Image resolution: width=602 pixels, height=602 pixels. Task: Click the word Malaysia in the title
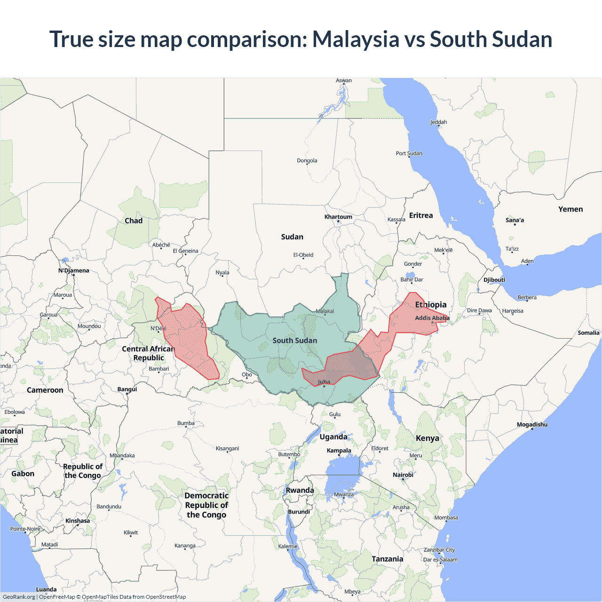point(356,40)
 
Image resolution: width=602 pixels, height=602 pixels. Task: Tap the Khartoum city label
point(338,217)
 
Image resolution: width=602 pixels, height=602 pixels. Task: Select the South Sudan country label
point(295,341)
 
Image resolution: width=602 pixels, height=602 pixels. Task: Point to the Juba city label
point(324,382)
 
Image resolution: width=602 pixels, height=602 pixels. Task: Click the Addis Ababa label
point(432,318)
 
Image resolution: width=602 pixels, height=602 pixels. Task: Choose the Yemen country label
point(570,209)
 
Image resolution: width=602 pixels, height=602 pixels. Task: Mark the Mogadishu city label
point(532,425)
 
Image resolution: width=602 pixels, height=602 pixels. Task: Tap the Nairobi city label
point(403,475)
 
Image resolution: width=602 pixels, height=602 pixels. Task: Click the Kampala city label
point(339,451)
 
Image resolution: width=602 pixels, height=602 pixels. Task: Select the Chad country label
point(134,221)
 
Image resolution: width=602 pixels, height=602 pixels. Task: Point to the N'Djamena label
point(73,270)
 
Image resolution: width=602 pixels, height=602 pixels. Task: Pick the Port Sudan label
point(409,153)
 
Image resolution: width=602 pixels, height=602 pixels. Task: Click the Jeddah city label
point(438,122)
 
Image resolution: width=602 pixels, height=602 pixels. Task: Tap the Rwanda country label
point(300,490)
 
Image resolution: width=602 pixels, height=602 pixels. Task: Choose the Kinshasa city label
point(78,521)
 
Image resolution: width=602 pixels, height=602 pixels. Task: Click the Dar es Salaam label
point(440,560)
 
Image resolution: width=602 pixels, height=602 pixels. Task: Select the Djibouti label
point(494,280)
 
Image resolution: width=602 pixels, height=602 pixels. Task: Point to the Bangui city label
point(127,389)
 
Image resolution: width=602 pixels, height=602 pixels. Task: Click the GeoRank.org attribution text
point(19,597)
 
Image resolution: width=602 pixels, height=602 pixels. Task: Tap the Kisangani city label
point(227,448)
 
